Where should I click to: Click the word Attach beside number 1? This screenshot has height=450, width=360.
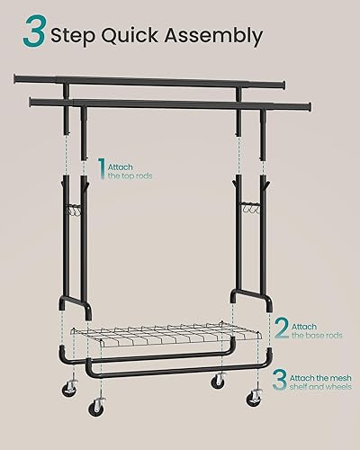120,166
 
